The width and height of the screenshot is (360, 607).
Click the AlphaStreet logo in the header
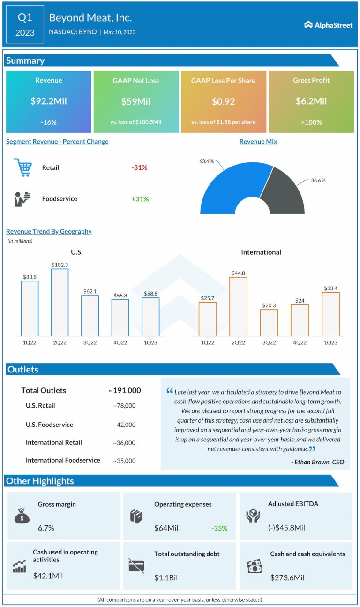click(x=328, y=25)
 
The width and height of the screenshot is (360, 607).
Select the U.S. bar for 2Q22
click(x=60, y=303)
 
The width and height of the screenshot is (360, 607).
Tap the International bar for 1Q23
click(x=331, y=314)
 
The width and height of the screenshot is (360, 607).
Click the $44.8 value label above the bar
click(x=238, y=273)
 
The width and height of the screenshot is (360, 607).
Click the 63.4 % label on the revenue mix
click(x=206, y=161)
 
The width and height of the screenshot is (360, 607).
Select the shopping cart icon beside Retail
click(x=22, y=167)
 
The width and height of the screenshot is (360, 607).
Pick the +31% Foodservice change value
click(x=140, y=199)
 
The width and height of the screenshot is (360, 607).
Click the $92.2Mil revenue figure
click(x=49, y=101)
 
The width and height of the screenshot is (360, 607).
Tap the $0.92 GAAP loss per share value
click(x=223, y=101)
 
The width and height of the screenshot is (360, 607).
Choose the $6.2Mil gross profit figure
click(x=311, y=101)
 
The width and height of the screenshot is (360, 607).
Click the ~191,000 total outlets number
click(x=124, y=390)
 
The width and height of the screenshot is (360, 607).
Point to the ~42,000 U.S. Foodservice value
click(x=124, y=425)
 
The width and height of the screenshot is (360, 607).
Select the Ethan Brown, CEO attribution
click(x=317, y=462)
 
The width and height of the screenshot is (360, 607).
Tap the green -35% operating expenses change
click(x=219, y=528)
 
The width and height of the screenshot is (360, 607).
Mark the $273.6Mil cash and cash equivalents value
click(x=287, y=577)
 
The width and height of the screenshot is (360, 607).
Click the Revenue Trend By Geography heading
click(x=49, y=231)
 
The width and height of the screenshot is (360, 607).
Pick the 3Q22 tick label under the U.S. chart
click(x=90, y=342)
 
